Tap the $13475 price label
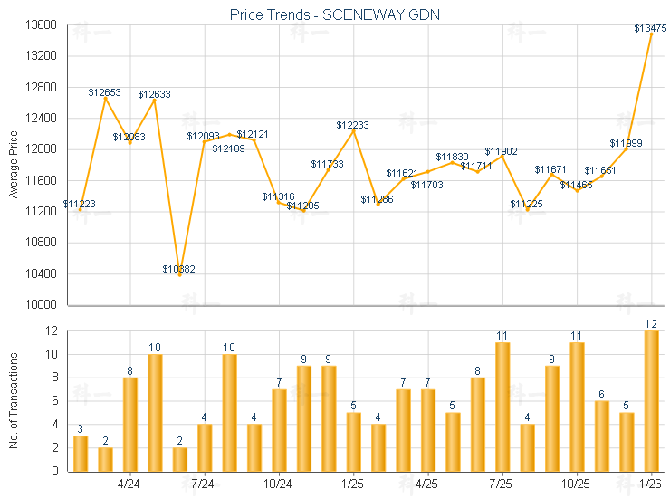pyautogui.click(x=650, y=29)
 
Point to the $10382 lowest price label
pyautogui.click(x=178, y=269)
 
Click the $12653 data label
pyautogui.click(x=105, y=92)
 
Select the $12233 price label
pyautogui.click(x=353, y=125)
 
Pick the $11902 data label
pyautogui.click(x=501, y=151)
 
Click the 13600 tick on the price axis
pyautogui.click(x=43, y=25)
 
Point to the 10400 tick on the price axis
pyautogui.click(x=43, y=273)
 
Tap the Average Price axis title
pyautogui.click(x=13, y=163)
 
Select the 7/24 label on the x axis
pyautogui.click(x=204, y=484)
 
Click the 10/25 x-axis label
pyautogui.click(x=577, y=484)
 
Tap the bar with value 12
pyautogui.click(x=651, y=401)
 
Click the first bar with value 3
pyautogui.click(x=81, y=454)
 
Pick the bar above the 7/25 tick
pyautogui.click(x=502, y=407)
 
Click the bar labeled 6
pyautogui.click(x=601, y=436)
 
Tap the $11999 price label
pyautogui.click(x=626, y=143)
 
